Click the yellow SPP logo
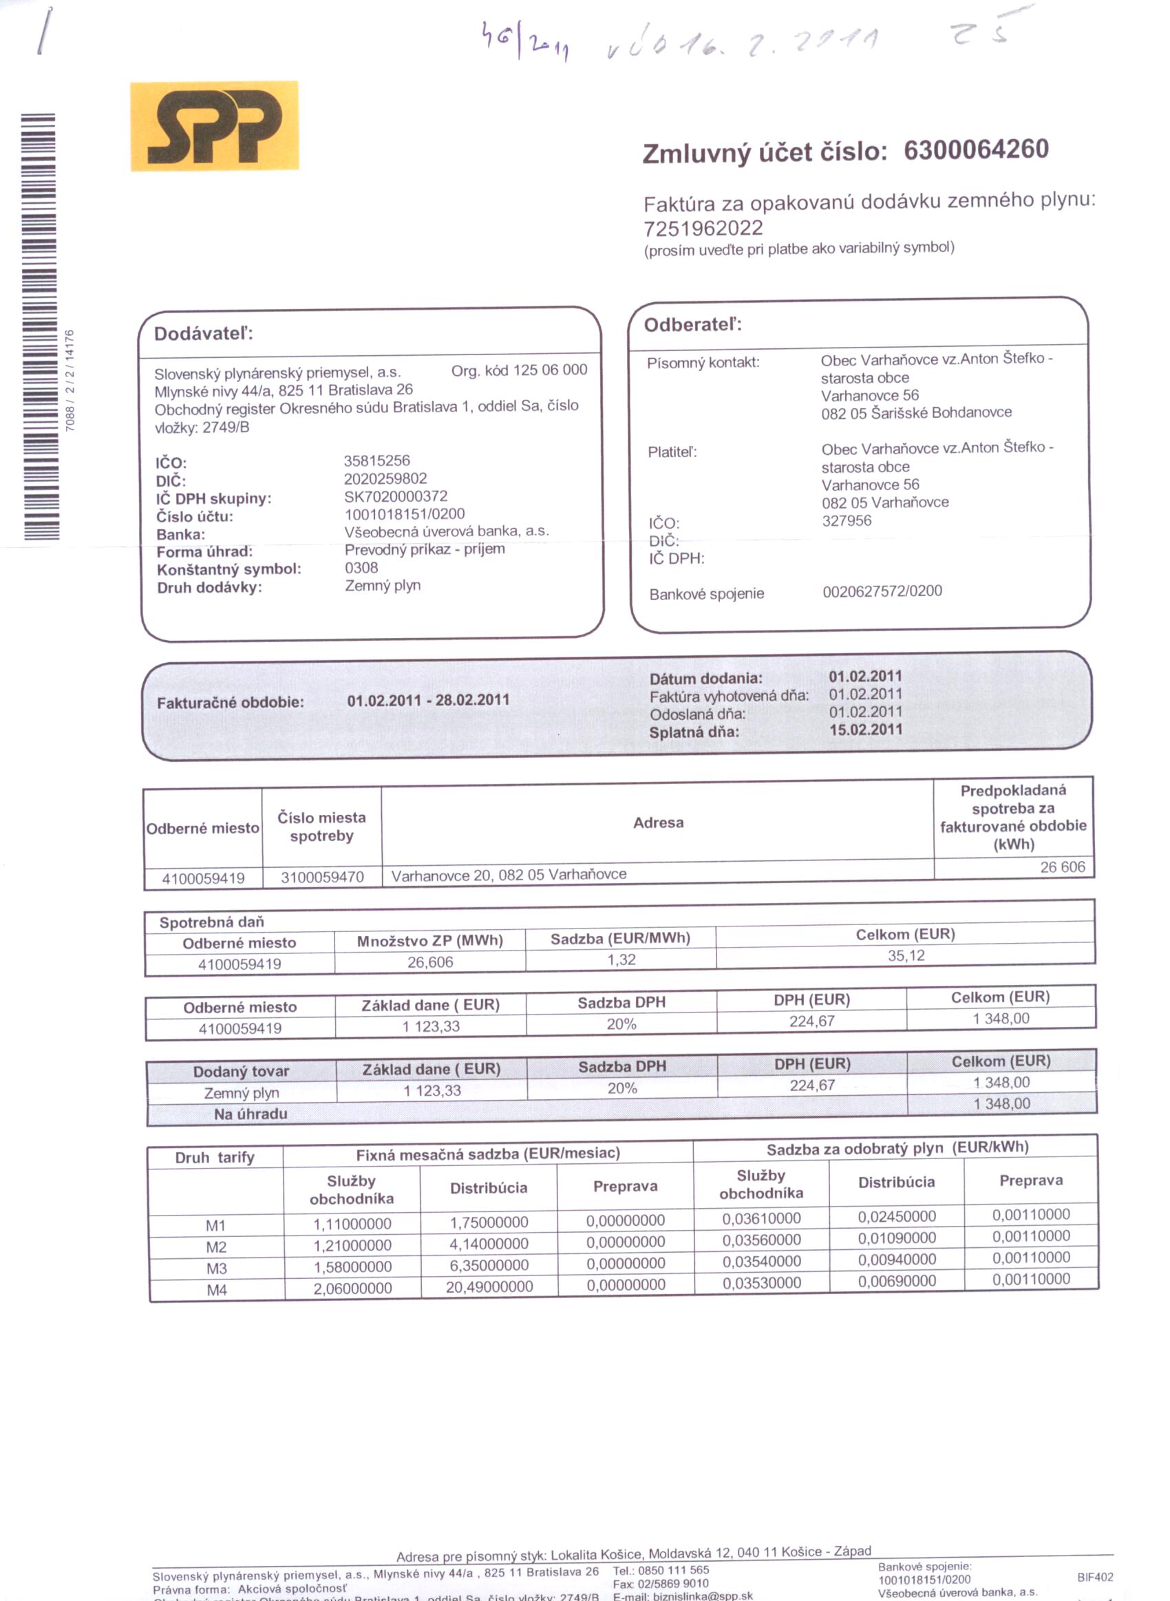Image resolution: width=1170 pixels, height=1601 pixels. click(x=214, y=126)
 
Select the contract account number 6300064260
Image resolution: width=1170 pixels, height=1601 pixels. click(x=975, y=150)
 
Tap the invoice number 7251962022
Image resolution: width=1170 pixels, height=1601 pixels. click(x=703, y=228)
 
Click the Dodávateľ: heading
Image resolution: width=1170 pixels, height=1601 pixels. click(x=203, y=334)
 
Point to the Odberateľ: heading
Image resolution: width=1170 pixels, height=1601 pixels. click(x=692, y=325)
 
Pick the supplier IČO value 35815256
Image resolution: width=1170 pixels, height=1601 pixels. click(x=376, y=461)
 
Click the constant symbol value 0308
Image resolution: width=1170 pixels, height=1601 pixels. click(x=361, y=568)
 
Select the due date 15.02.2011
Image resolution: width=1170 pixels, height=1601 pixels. click(x=866, y=730)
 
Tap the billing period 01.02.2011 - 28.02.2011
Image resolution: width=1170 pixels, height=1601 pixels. click(x=428, y=700)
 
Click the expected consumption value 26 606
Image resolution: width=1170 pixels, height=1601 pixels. click(x=1062, y=867)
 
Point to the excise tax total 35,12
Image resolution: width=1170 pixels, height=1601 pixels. click(x=906, y=956)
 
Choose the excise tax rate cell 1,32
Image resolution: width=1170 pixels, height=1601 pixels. click(x=621, y=960)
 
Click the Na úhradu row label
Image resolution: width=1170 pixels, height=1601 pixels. click(x=251, y=1114)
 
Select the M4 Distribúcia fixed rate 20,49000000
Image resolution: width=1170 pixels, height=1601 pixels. click(x=489, y=1286)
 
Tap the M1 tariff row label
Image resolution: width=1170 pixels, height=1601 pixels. click(x=215, y=1226)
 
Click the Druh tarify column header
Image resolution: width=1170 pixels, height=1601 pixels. click(x=215, y=1158)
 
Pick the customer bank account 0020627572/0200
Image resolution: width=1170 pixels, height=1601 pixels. click(x=882, y=591)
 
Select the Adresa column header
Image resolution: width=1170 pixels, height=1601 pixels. click(x=658, y=823)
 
